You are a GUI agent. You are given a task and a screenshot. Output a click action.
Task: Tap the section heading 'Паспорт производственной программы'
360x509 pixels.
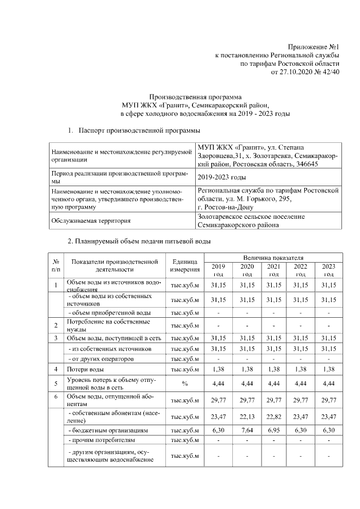[x=139, y=131]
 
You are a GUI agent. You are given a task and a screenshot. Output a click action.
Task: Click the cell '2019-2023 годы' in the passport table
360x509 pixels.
[x=222, y=177]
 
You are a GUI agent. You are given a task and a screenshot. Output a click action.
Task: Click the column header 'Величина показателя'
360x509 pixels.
[x=274, y=256]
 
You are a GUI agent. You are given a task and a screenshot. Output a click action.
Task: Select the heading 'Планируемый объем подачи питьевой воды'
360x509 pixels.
[x=139, y=242]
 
